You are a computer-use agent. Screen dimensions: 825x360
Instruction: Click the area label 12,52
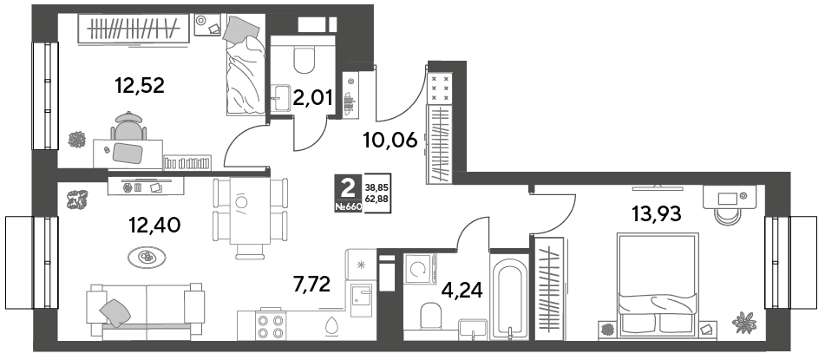[x=140, y=85]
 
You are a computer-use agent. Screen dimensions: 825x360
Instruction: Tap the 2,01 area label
[x=312, y=98]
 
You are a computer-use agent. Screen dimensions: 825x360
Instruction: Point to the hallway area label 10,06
[x=390, y=140]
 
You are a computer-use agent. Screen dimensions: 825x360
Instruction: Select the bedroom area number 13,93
[x=656, y=213]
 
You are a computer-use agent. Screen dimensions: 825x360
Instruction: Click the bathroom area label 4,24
[x=463, y=289]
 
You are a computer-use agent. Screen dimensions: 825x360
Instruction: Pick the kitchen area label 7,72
[x=312, y=285]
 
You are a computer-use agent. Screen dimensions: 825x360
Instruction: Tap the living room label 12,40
[x=154, y=226]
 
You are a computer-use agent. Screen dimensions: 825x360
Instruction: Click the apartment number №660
[x=349, y=206]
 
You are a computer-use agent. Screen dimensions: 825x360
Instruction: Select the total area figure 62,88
[x=377, y=199]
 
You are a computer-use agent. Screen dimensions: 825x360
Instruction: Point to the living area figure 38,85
[x=377, y=187]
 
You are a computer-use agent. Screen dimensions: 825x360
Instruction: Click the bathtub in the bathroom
[x=508, y=297]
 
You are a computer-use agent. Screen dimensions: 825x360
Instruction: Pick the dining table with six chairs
[x=250, y=218]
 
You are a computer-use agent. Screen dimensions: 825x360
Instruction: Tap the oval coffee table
[x=147, y=257]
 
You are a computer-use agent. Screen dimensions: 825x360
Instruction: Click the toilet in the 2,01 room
[x=304, y=61]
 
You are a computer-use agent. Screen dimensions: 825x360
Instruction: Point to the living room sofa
[x=146, y=311]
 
